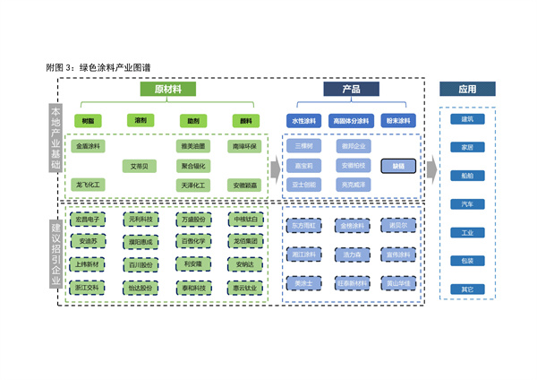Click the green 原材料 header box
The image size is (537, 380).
click(x=167, y=90)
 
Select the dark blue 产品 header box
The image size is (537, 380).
click(x=351, y=90)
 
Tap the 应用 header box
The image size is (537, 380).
click(x=467, y=90)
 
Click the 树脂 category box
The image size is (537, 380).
click(x=88, y=120)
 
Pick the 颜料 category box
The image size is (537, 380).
click(x=244, y=120)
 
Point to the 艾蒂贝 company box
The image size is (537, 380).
click(x=141, y=166)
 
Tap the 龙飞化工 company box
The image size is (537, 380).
click(x=88, y=185)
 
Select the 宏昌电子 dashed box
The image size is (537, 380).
click(x=88, y=220)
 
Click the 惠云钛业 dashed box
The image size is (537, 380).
click(x=244, y=288)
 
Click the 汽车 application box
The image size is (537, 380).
click(x=467, y=204)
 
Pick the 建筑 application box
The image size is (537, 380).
click(x=467, y=119)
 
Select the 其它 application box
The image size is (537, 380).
click(x=467, y=289)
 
